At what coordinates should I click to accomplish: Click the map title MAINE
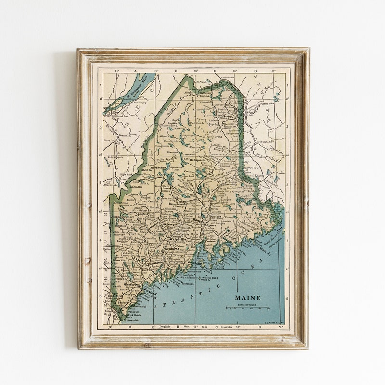pos(247,297)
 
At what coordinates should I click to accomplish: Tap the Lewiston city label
pos(149,265)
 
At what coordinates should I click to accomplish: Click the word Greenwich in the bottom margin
pos(213,327)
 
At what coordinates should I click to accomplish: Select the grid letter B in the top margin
pos(176,71)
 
